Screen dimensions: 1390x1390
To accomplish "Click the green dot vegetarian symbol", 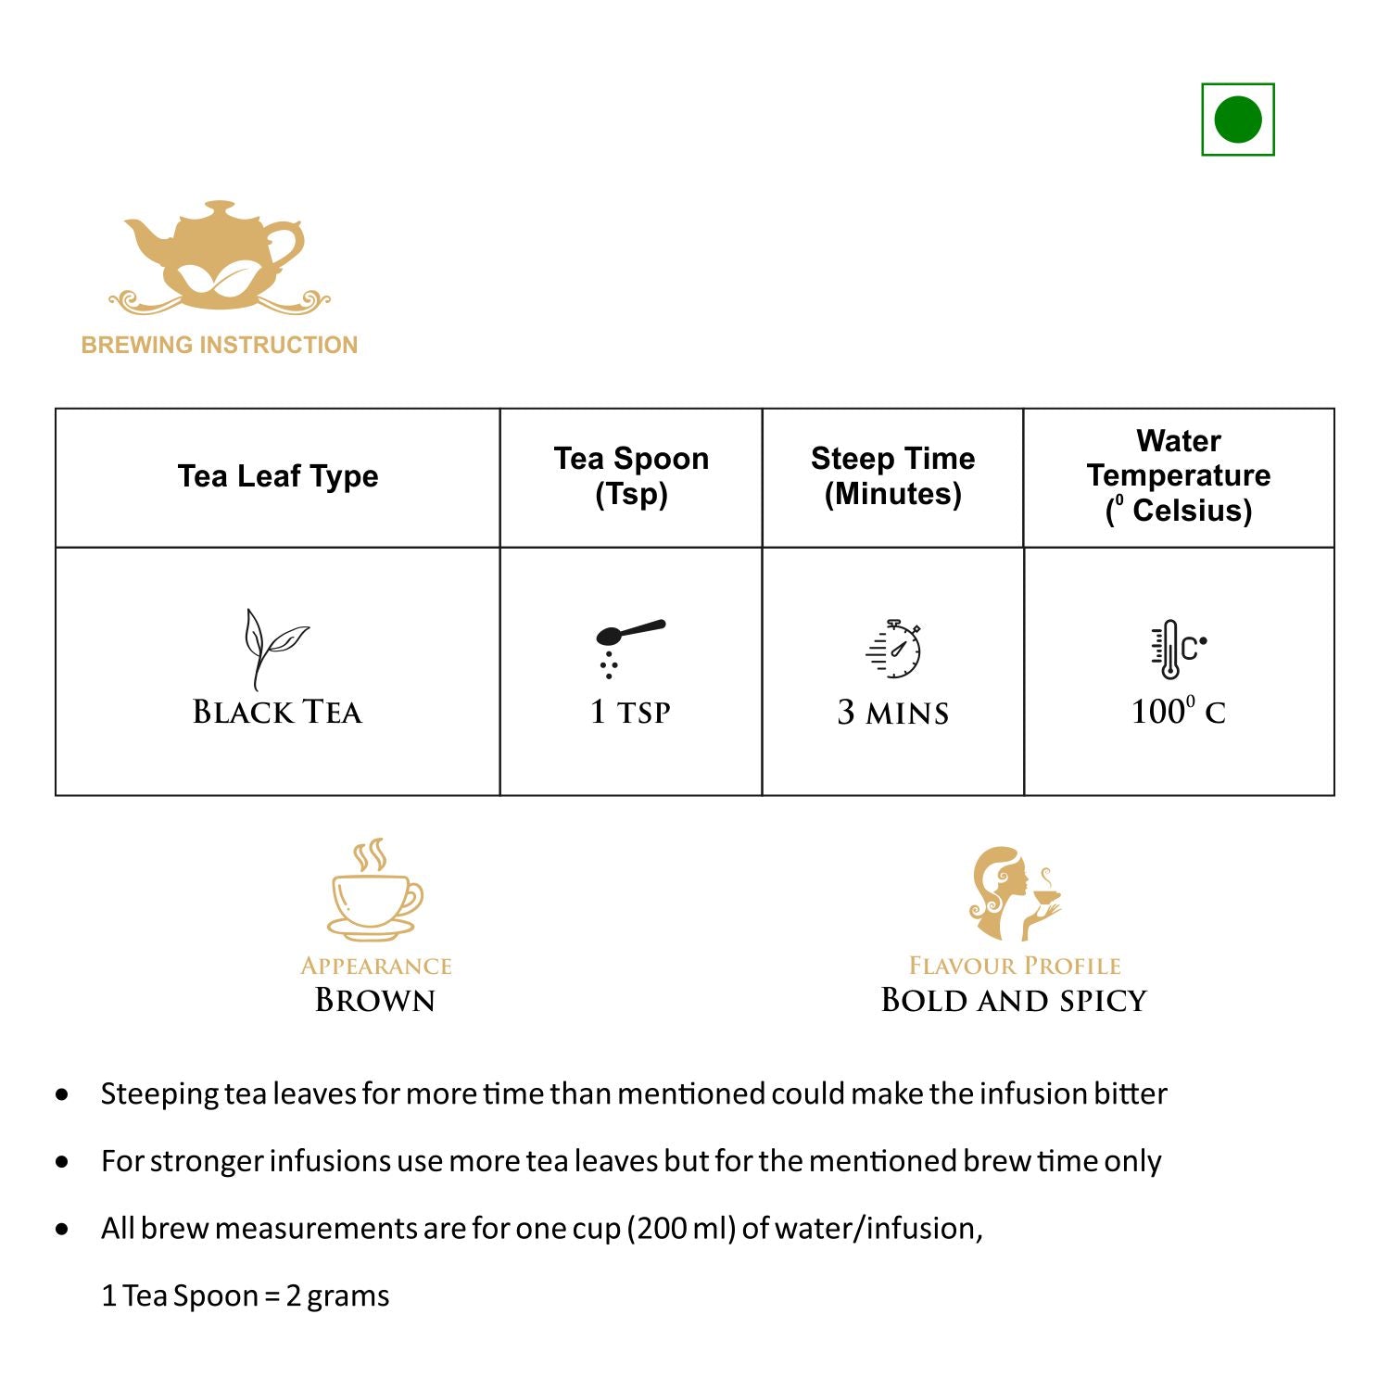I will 1237,120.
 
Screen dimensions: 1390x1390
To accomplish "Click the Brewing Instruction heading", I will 220,345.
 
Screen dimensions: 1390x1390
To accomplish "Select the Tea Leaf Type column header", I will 278,476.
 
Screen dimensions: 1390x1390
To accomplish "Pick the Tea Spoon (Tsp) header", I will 631,475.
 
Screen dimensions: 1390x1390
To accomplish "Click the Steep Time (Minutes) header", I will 892,475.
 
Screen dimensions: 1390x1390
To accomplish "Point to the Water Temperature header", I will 1179,475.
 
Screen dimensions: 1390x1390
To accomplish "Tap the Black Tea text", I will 277,712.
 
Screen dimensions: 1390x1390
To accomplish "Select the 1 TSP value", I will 630,712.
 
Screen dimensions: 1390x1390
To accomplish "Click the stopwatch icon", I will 894,649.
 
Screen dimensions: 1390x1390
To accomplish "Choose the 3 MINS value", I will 892,713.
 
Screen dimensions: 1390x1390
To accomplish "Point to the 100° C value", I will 1178,712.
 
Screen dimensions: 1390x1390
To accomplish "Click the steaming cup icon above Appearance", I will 374,891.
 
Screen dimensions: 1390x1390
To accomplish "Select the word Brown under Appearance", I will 374,1000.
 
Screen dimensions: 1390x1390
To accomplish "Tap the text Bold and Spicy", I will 1014,1000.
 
